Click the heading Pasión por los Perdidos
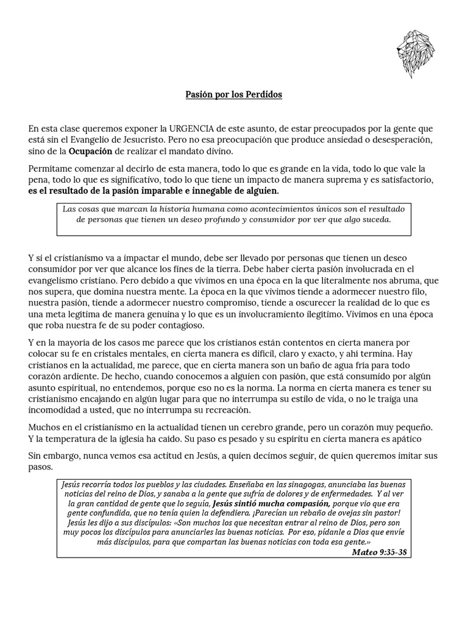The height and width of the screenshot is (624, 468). (x=234, y=96)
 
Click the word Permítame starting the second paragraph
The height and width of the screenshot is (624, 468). (x=51, y=169)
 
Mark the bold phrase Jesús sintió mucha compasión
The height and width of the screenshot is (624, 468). (x=271, y=504)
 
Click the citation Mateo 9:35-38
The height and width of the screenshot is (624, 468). (x=379, y=552)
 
